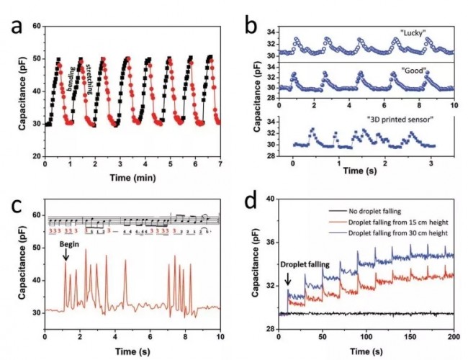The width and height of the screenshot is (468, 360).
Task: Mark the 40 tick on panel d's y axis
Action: [271, 199]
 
